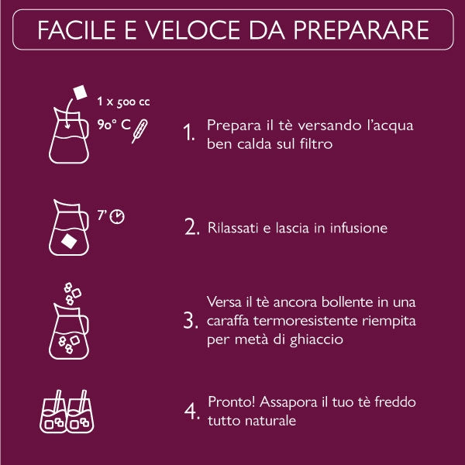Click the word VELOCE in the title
pos(192,30)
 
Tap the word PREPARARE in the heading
pos(361,30)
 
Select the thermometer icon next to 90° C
pos(139,131)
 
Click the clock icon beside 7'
pos(117,216)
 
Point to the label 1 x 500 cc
pos(123,102)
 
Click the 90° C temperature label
pos(114,125)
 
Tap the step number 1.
pos(189,132)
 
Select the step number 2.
pos(191,227)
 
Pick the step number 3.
pos(191,320)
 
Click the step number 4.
pos(192,411)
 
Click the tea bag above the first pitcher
pos(81,92)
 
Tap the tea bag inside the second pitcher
pos(69,241)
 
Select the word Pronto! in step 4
pos(232,402)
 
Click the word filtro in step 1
pos(316,144)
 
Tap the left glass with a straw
pos(53,412)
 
